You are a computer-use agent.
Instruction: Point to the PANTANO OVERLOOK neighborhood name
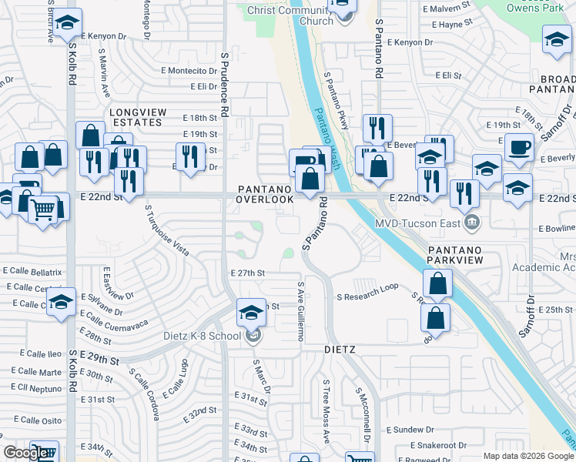pyautogui.click(x=265, y=194)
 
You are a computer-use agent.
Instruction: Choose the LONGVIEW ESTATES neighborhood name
pyautogui.click(x=137, y=117)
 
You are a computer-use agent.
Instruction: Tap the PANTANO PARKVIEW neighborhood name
pyautogui.click(x=455, y=255)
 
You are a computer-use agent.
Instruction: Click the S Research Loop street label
pyautogui.click(x=367, y=286)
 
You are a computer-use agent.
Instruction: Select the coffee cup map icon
pyautogui.click(x=520, y=147)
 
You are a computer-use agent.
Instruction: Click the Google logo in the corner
pyautogui.click(x=25, y=454)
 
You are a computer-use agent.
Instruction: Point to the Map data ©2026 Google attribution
pyautogui.click(x=528, y=456)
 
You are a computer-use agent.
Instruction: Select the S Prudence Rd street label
pyautogui.click(x=224, y=85)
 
